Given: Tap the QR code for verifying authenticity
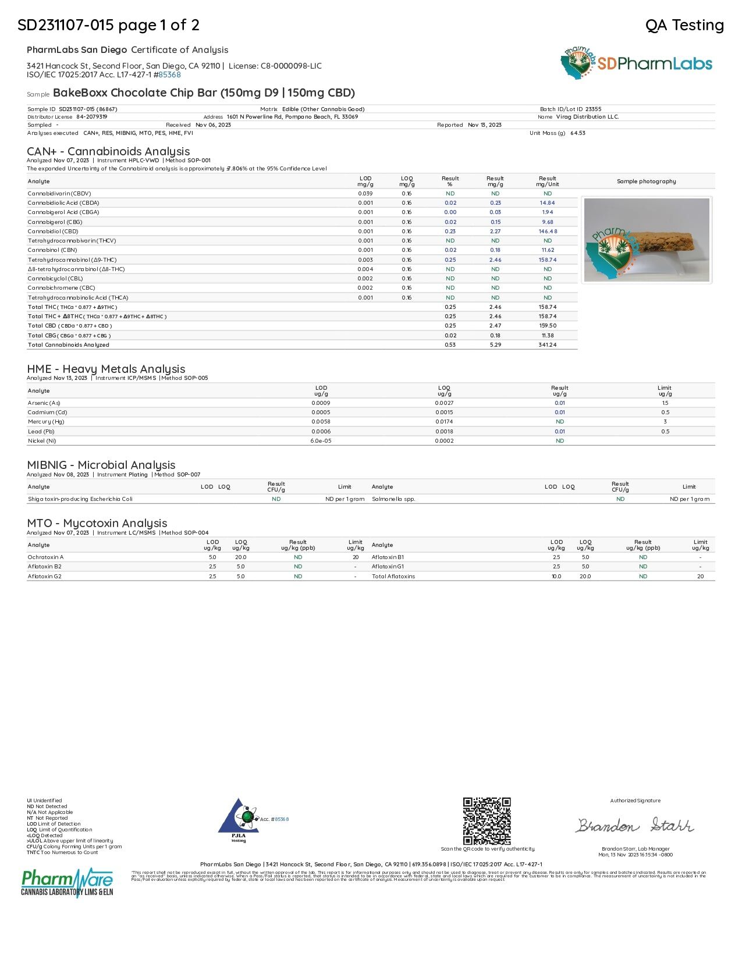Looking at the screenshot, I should click(487, 821).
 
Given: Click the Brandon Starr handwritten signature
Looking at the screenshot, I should click(635, 826).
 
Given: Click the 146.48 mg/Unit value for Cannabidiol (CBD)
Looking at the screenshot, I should click(548, 232).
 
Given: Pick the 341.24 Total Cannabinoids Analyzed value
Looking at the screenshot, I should click(548, 345).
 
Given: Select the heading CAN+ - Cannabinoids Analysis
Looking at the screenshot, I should click(108, 152).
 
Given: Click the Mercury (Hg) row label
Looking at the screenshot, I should click(46, 422).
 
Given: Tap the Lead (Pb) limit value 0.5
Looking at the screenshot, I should click(665, 432).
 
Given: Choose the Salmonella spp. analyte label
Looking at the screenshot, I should click(393, 499).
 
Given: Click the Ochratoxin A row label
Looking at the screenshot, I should click(45, 557).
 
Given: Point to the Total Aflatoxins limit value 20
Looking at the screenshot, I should click(700, 577).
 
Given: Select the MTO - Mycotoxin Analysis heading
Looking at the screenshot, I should click(97, 524).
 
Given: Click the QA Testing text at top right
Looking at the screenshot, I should click(684, 25).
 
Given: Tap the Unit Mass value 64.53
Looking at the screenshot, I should click(578, 133).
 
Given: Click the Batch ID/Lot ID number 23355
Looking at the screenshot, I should click(593, 109).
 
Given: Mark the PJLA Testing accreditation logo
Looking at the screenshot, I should click(239, 820).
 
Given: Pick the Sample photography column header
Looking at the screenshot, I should click(646, 182).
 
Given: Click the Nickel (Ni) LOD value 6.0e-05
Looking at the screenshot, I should click(321, 441).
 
